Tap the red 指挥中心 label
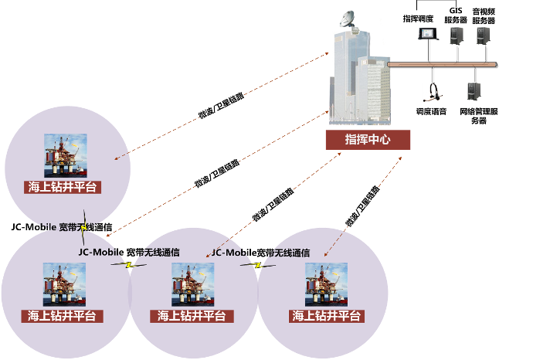point(367,140)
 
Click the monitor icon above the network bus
point(426,34)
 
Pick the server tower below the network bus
point(473,91)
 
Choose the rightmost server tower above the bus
point(483,35)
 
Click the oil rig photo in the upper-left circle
point(65,155)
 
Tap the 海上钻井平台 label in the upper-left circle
point(64,186)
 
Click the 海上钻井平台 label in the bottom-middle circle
point(192,315)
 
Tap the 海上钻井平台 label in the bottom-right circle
point(326,315)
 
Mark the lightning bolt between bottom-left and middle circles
point(130,265)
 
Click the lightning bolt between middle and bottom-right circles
point(258,265)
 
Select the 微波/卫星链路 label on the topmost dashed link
point(221,106)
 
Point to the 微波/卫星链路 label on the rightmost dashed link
point(362,206)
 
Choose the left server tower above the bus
point(457,35)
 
